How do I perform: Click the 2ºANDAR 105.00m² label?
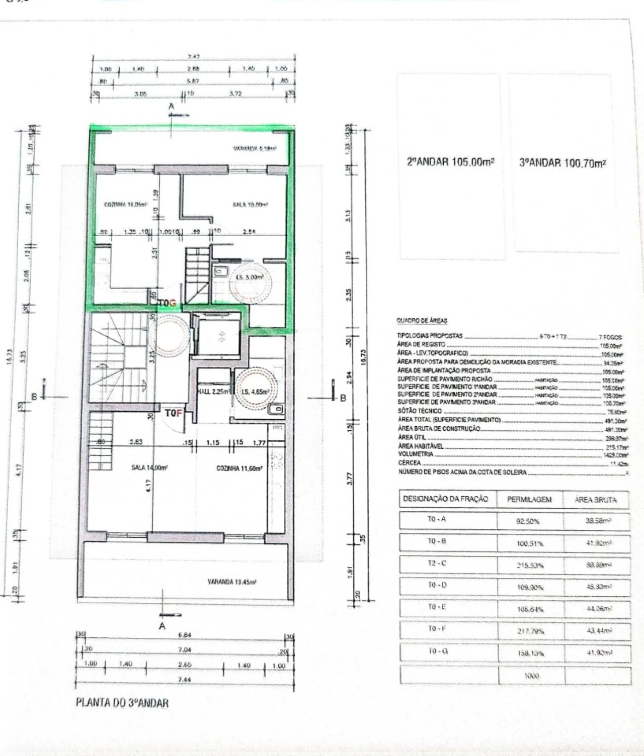450,162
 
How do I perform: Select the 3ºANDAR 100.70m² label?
562,163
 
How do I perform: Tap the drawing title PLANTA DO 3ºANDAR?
122,702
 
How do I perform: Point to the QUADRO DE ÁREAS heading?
422,321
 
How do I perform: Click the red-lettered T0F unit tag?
173,413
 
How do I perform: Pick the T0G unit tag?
168,303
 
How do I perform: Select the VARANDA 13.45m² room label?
232,582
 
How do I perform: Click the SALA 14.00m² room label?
149,467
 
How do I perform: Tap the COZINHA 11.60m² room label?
239,468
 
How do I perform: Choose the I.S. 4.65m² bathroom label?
256,392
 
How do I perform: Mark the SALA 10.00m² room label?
250,205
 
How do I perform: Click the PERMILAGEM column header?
529,499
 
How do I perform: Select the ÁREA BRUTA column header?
595,500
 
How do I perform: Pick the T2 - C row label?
437,563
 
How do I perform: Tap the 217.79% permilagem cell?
530,631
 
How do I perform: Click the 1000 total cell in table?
531,676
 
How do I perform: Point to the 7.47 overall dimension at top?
193,57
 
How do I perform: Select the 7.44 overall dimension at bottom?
184,679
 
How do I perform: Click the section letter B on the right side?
344,398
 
